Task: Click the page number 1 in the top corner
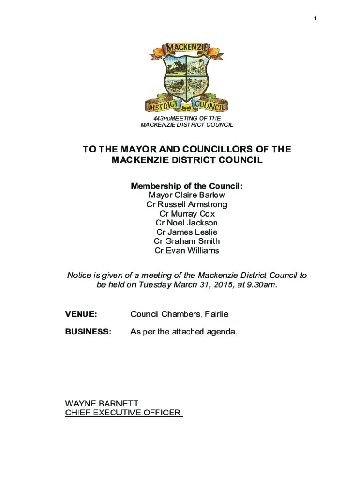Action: pyautogui.click(x=315, y=18)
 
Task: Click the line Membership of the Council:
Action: pyautogui.click(x=187, y=186)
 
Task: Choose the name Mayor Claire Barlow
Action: pyautogui.click(x=187, y=195)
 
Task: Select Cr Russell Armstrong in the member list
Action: pyautogui.click(x=187, y=204)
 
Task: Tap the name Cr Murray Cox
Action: pyautogui.click(x=187, y=214)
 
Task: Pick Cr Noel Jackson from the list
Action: pyautogui.click(x=187, y=223)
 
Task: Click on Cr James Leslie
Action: pyautogui.click(x=187, y=232)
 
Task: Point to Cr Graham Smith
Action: pyautogui.click(x=187, y=241)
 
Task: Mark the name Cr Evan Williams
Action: pyautogui.click(x=187, y=250)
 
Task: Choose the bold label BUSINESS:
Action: pyautogui.click(x=88, y=332)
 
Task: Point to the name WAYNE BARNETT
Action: pyautogui.click(x=101, y=403)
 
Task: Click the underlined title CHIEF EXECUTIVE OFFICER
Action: pyautogui.click(x=123, y=413)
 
